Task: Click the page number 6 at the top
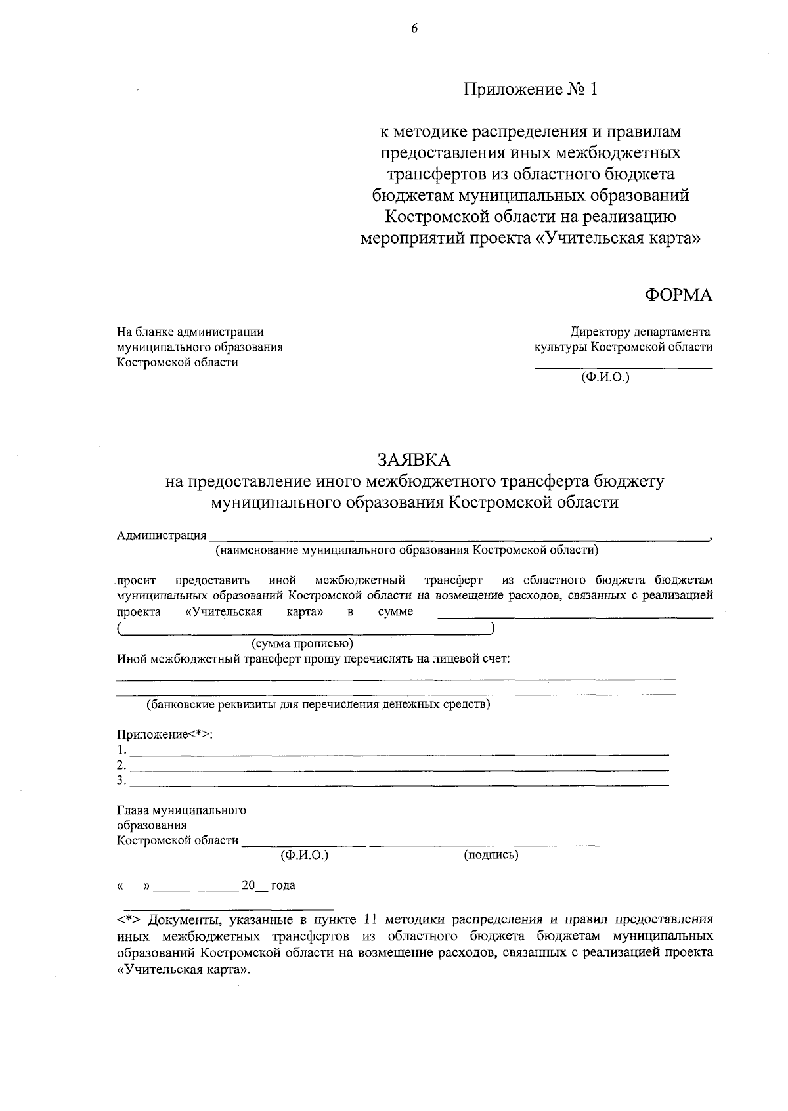click(x=414, y=28)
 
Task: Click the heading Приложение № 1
click(x=531, y=89)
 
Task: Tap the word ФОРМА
click(x=678, y=295)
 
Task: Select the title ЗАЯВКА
click(x=414, y=458)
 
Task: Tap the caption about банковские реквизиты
click(x=318, y=705)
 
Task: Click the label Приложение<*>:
click(x=165, y=735)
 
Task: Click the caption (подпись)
click(x=491, y=855)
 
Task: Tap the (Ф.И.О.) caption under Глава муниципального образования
click(x=304, y=855)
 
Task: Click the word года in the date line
click(x=283, y=886)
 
